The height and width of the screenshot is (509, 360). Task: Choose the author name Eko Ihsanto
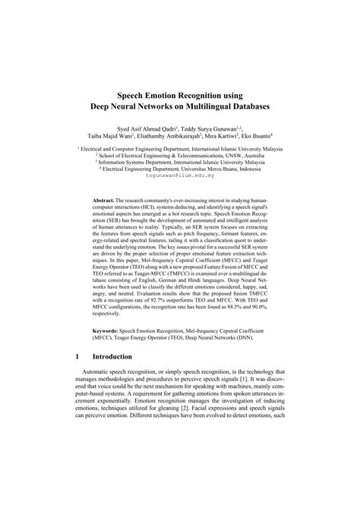pos(258,139)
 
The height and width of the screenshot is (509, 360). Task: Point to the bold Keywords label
pos(105,331)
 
